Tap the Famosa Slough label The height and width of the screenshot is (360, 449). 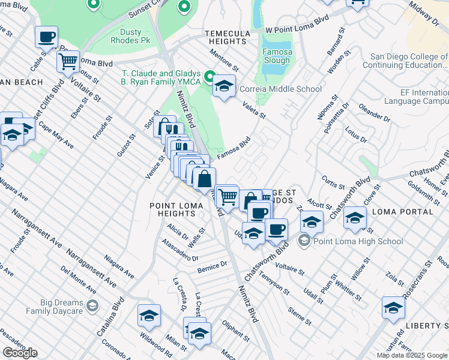[x=277, y=56]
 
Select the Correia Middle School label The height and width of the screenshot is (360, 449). [x=281, y=89]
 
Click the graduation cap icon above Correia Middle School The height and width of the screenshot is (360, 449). [x=224, y=86]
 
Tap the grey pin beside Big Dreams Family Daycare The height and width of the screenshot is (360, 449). [x=92, y=307]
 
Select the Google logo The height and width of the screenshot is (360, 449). [x=20, y=353]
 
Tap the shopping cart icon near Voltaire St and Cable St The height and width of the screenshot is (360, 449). [x=68, y=61]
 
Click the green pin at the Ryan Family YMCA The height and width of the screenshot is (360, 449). [x=209, y=77]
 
